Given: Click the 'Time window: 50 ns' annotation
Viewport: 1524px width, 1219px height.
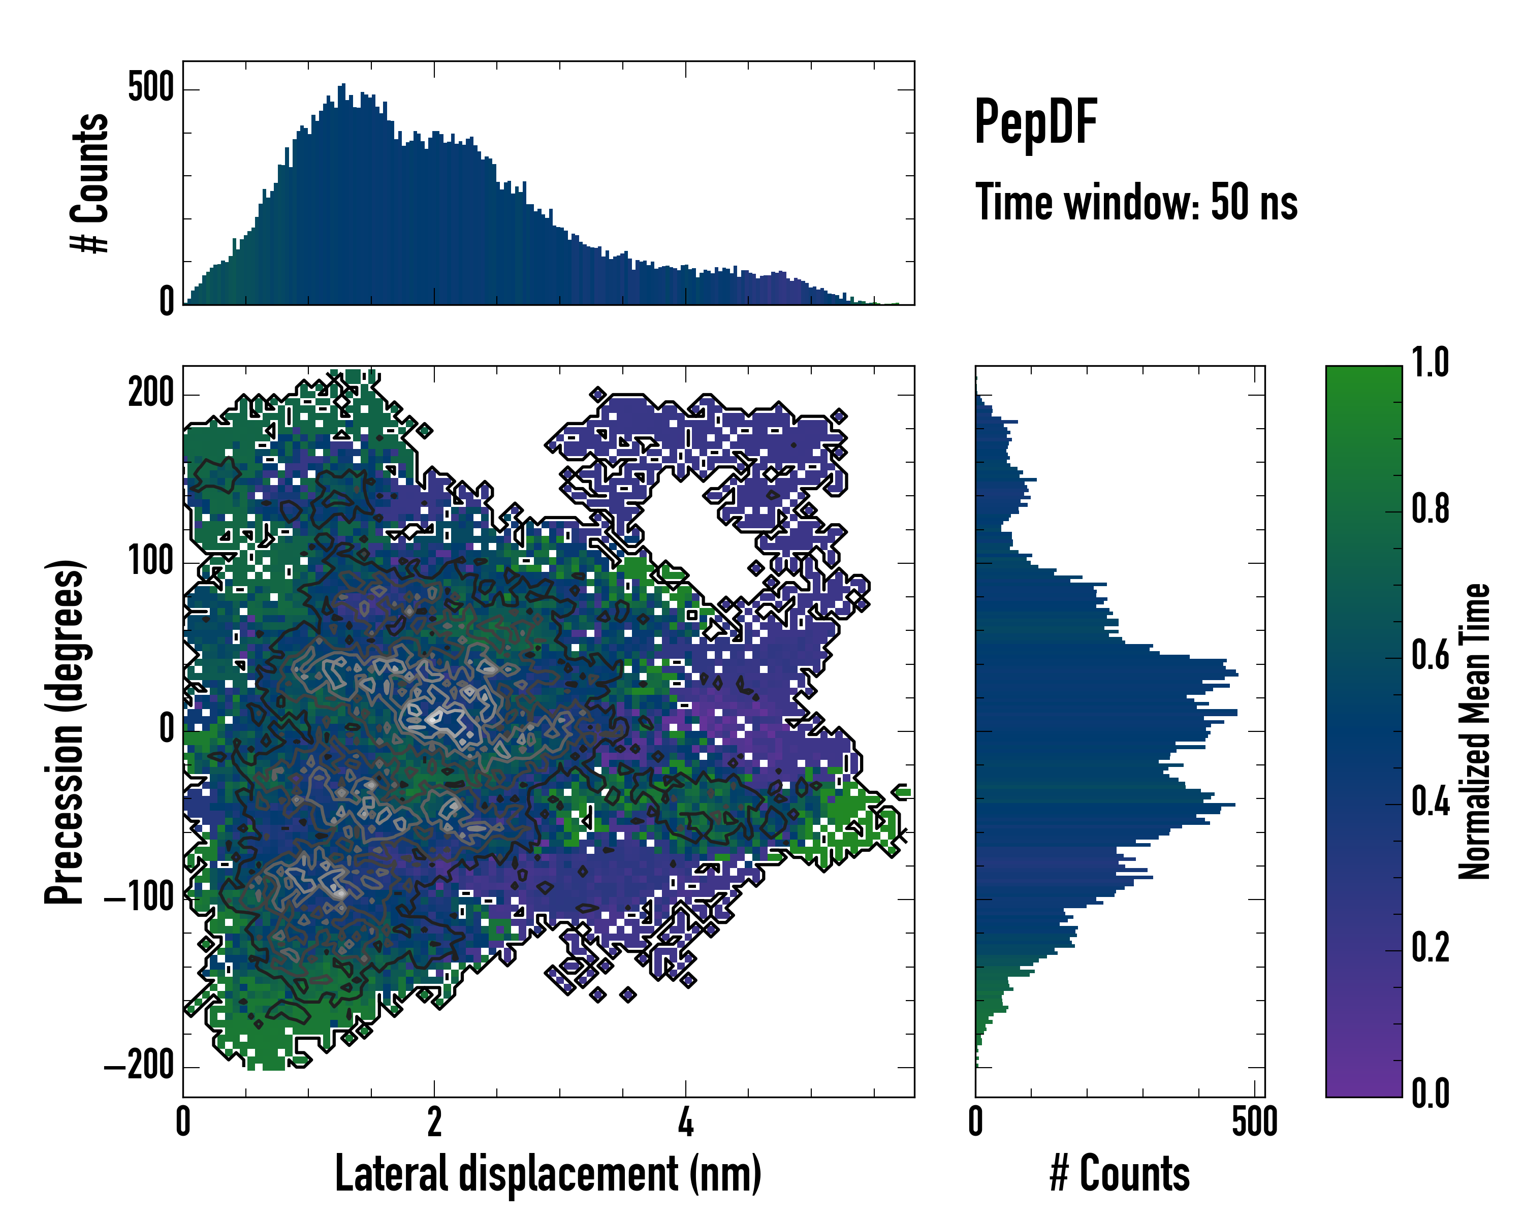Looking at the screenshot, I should pyautogui.click(x=1136, y=202).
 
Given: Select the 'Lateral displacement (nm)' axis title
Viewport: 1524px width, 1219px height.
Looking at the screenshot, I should pyautogui.click(x=548, y=1174).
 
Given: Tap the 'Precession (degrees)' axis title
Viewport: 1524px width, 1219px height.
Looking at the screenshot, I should pyautogui.click(x=65, y=731).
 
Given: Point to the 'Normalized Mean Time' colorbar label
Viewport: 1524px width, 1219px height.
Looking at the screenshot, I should pyautogui.click(x=1475, y=731).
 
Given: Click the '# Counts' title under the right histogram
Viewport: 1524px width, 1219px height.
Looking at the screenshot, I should pyautogui.click(x=1120, y=1174).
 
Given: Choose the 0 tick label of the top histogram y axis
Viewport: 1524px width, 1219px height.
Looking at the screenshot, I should pyautogui.click(x=166, y=302).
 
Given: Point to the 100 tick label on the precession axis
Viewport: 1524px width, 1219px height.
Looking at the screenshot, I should pyautogui.click(x=150, y=562).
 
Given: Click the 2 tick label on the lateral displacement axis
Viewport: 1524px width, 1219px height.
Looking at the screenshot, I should pyautogui.click(x=434, y=1121).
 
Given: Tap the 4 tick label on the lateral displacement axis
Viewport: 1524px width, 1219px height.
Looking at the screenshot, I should pyautogui.click(x=685, y=1121).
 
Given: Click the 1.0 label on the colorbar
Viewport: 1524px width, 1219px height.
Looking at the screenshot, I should pyautogui.click(x=1430, y=363).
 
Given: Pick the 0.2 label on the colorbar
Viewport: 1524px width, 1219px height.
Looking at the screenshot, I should pyautogui.click(x=1430, y=948).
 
